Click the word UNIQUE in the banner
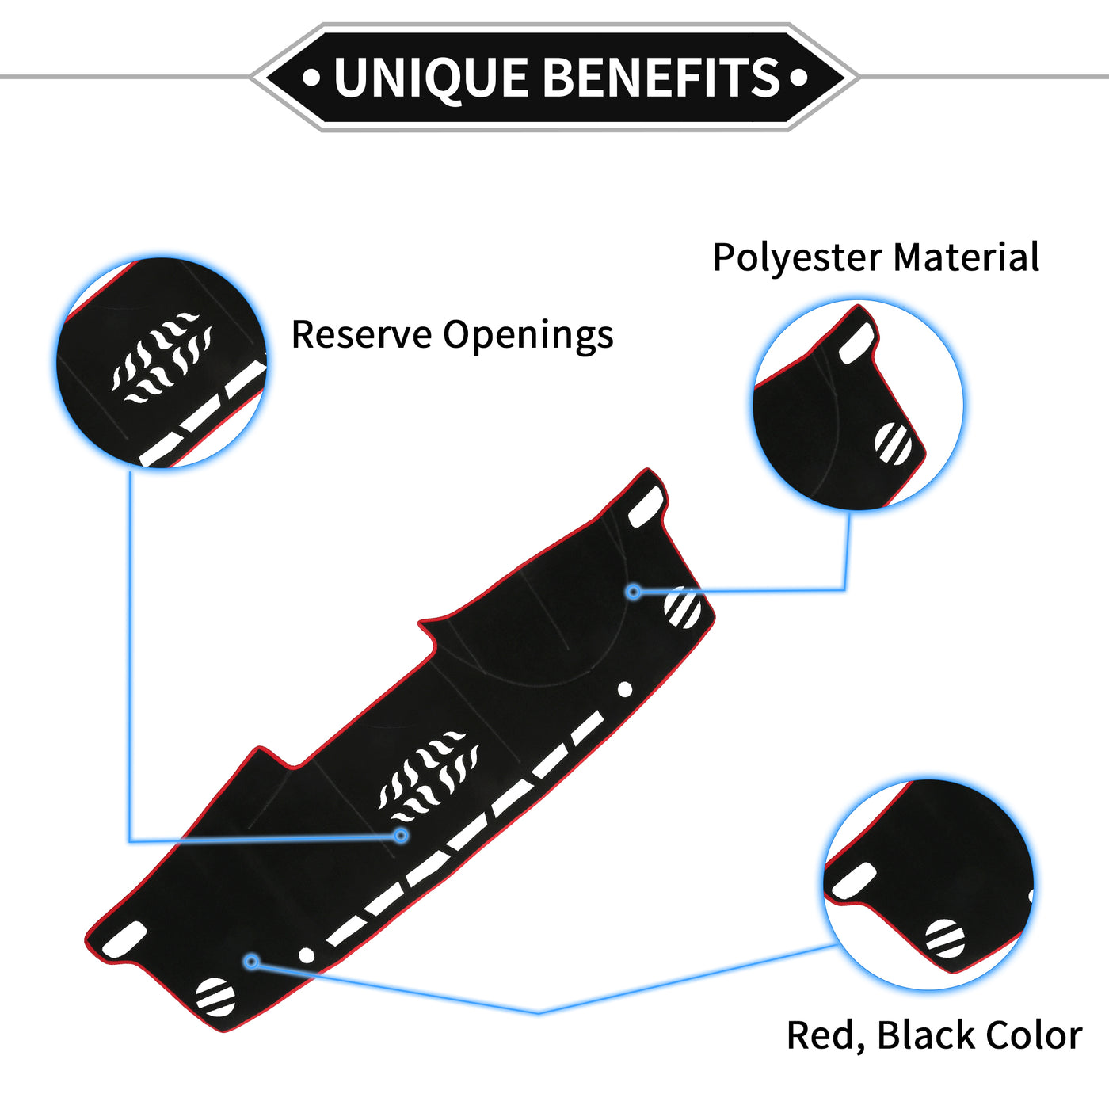coord(431,78)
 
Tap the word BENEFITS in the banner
coord(662,77)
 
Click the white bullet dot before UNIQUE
coord(311,77)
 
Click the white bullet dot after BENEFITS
coord(798,77)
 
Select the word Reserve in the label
coord(361,334)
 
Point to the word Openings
coord(528,336)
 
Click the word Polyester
coord(797,258)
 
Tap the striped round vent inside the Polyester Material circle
coord(894,444)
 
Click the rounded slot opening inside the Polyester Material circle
coord(857,344)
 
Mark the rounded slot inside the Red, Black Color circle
coord(854,881)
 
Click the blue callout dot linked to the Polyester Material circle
coord(634,591)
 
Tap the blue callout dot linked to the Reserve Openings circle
coord(401,835)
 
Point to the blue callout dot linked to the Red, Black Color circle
coord(251,961)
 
